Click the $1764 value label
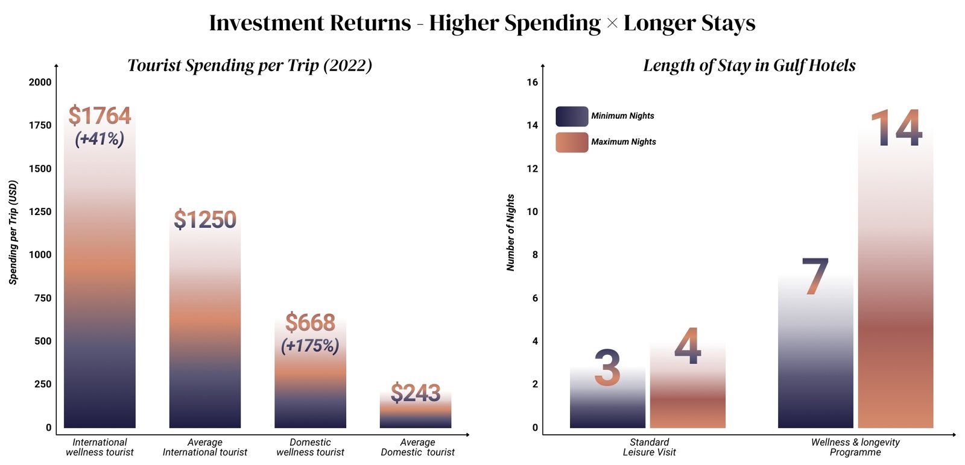tap(100, 116)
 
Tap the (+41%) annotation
tap(100, 139)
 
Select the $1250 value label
tap(205, 220)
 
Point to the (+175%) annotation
tap(310, 346)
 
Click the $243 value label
tap(416, 393)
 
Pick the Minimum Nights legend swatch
tap(571, 116)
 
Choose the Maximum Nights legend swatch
tap(571, 142)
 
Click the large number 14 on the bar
tap(896, 128)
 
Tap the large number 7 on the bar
tap(815, 277)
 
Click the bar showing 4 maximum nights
tap(688, 398)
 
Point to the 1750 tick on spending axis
tap(40, 125)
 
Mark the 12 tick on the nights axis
tap(532, 169)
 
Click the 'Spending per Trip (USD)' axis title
tap(13, 232)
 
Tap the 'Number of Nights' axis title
tap(511, 232)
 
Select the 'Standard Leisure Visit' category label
tap(649, 447)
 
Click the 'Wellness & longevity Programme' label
tap(855, 447)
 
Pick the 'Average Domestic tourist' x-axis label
tap(417, 447)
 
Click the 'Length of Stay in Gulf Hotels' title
tap(749, 65)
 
